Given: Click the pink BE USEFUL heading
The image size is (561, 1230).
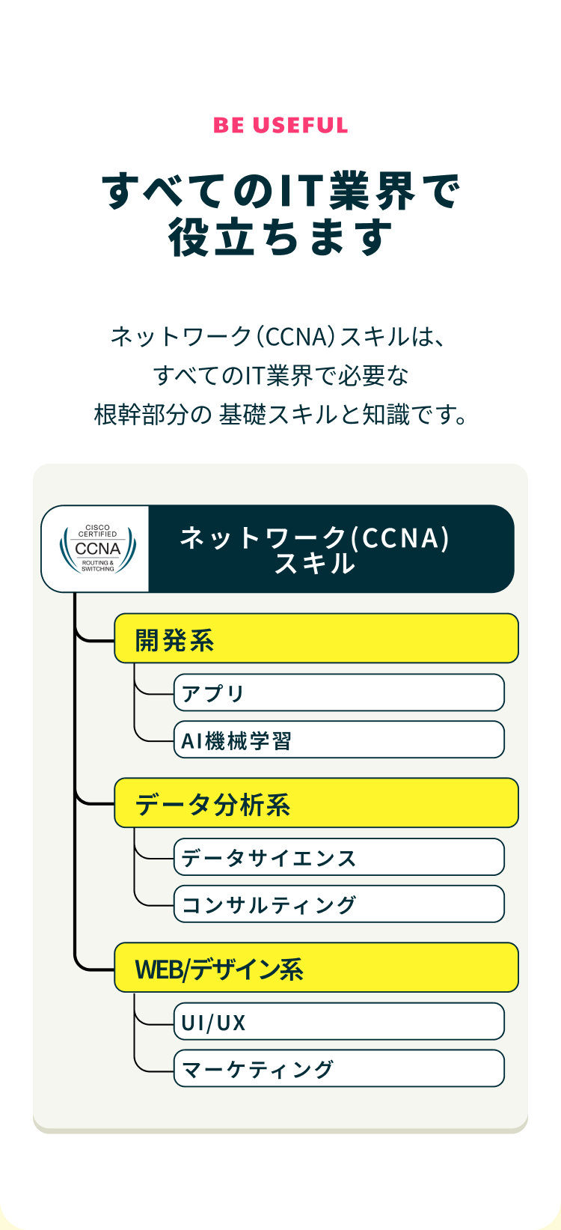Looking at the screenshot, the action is [x=280, y=125].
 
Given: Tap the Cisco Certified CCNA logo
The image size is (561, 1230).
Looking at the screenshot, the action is [x=97, y=549].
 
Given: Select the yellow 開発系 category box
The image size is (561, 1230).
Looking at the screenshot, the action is [x=316, y=638].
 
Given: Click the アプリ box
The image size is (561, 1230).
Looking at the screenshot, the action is [x=339, y=692].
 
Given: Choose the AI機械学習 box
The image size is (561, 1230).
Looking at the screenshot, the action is [x=339, y=740].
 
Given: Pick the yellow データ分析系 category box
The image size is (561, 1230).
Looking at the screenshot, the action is [x=316, y=803].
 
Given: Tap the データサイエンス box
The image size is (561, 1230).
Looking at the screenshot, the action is [x=339, y=856].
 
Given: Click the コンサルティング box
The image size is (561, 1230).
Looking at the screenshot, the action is [x=339, y=904].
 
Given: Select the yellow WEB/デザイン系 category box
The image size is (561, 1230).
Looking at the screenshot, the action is [x=316, y=967].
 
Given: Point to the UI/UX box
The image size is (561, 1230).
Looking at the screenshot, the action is [x=339, y=1021].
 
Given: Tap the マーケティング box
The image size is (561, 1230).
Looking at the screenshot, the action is [x=339, y=1068].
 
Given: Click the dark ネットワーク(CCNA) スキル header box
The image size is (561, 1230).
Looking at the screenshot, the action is [x=331, y=549].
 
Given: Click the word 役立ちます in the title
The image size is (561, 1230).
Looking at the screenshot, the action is [x=280, y=238].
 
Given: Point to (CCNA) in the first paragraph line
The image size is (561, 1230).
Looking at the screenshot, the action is [x=295, y=337].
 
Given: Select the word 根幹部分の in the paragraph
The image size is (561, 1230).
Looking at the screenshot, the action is [x=153, y=415].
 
